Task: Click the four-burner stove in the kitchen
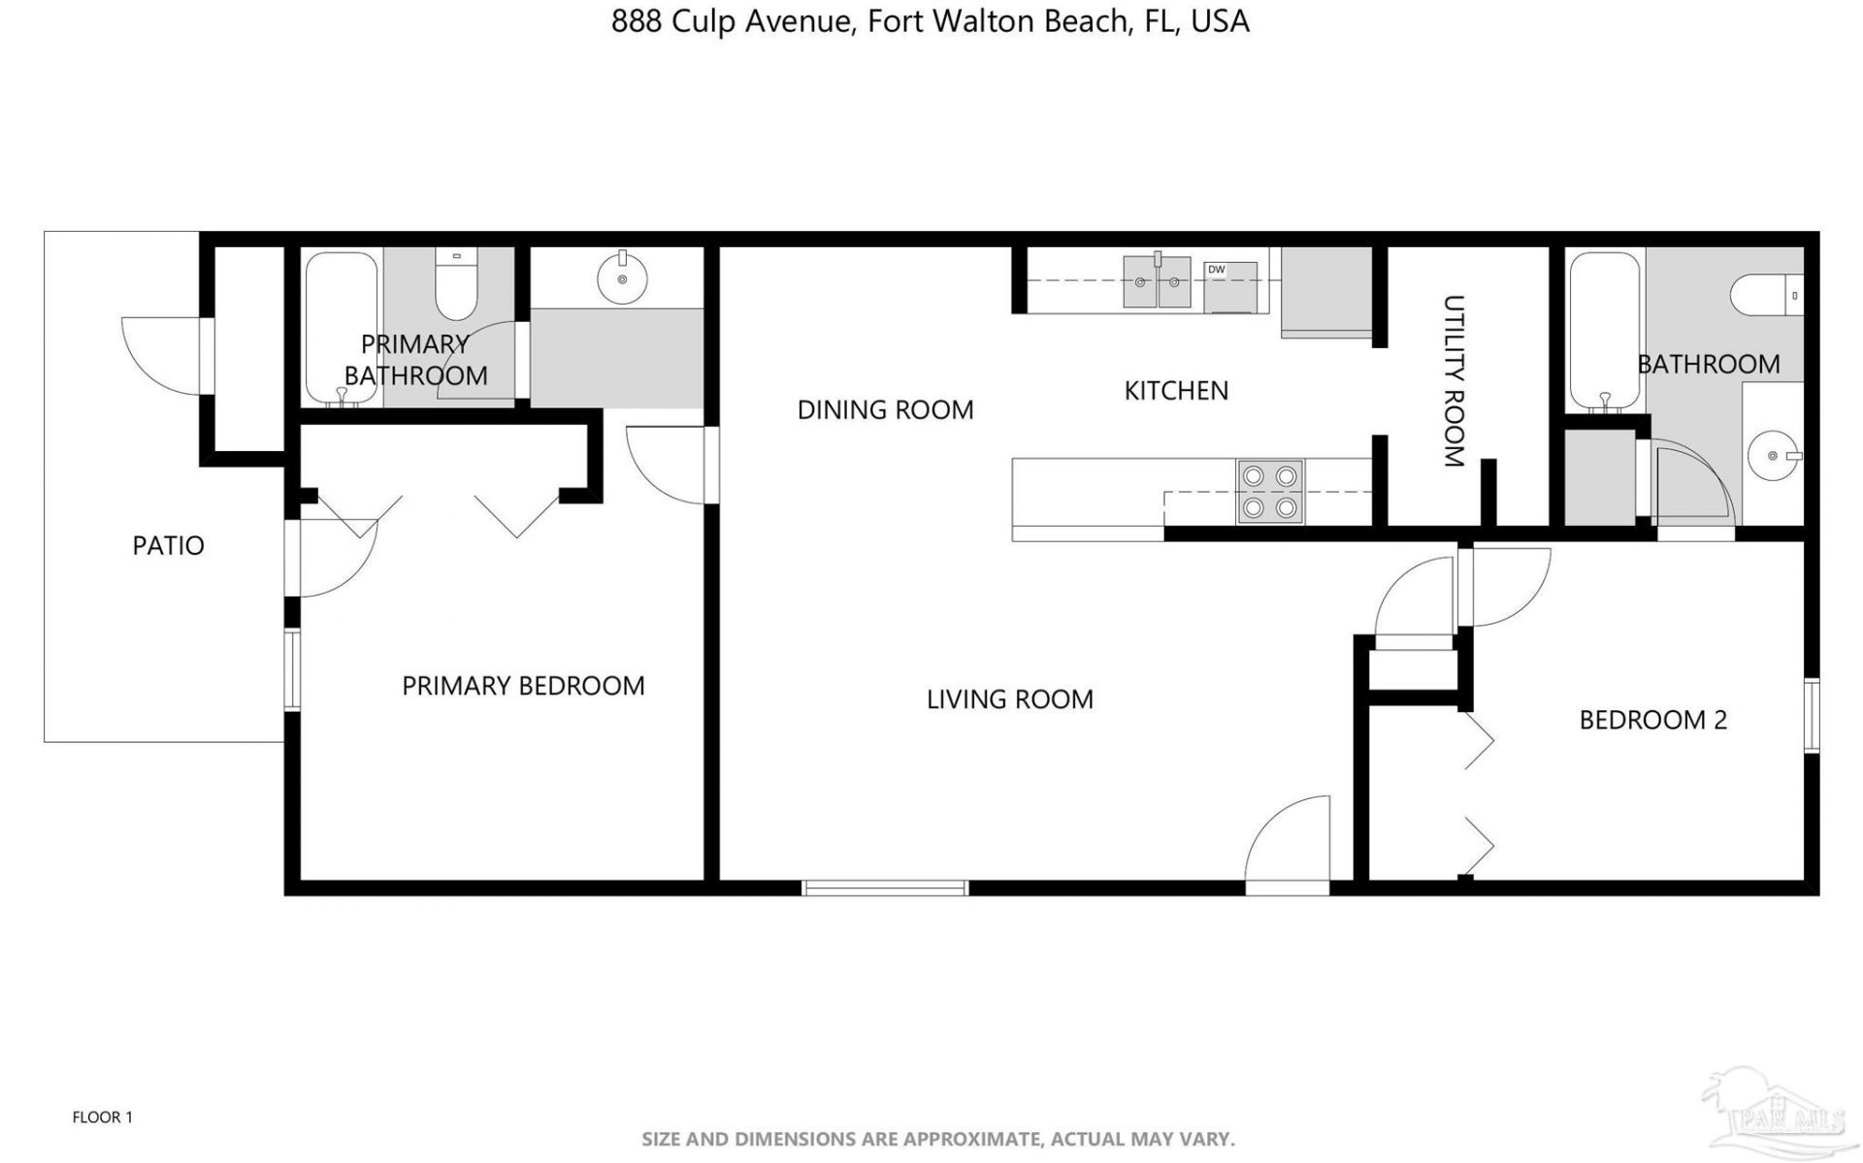(x=1270, y=492)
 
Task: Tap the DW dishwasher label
(x=1216, y=270)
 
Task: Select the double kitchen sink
(x=1157, y=282)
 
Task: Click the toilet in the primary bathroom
(x=456, y=284)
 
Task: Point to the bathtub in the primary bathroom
(x=341, y=329)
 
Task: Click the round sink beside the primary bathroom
(x=622, y=278)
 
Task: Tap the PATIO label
(x=168, y=545)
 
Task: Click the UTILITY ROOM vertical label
(x=1454, y=381)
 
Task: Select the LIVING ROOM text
(x=1009, y=699)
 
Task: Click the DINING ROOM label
(x=885, y=410)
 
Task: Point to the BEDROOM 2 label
(x=1653, y=720)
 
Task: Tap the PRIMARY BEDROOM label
(x=523, y=686)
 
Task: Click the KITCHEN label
(x=1176, y=391)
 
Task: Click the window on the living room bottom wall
(x=885, y=888)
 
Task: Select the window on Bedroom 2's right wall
(x=1812, y=715)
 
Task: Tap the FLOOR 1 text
(x=102, y=1117)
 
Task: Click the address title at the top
(x=931, y=21)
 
